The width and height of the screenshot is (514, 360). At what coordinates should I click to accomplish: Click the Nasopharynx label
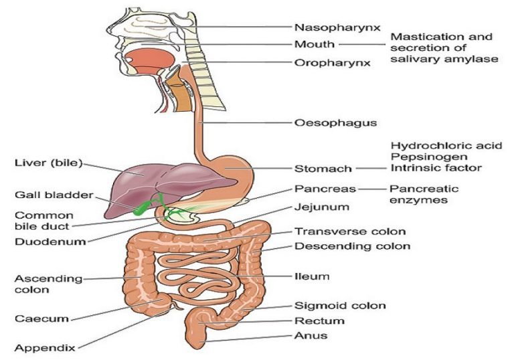click(337, 27)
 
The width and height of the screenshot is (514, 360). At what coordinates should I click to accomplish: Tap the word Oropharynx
click(333, 63)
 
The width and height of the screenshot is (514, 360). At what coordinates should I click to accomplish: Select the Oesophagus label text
click(336, 123)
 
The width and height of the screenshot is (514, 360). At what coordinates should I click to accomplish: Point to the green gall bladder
click(142, 209)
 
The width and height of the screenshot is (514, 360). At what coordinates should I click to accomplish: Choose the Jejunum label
click(321, 207)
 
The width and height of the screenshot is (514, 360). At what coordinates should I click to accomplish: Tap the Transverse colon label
click(350, 232)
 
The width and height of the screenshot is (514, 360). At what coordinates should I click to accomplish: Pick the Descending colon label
click(353, 246)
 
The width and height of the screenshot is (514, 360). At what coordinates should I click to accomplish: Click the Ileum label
click(312, 276)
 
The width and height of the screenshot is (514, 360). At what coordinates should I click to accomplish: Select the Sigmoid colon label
click(340, 306)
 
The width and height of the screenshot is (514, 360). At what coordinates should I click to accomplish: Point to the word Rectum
click(319, 321)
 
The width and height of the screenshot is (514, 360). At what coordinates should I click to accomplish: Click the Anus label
click(311, 336)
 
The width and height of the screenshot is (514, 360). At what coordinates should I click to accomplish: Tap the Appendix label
click(45, 348)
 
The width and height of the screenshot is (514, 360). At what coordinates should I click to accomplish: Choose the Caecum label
click(41, 319)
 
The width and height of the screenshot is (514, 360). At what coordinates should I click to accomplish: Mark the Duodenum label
click(50, 242)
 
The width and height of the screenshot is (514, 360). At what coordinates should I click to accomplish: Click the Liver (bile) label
click(48, 163)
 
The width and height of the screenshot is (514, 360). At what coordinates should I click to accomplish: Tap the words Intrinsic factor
click(436, 168)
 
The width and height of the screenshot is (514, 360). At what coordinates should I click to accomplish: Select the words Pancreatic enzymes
click(424, 195)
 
